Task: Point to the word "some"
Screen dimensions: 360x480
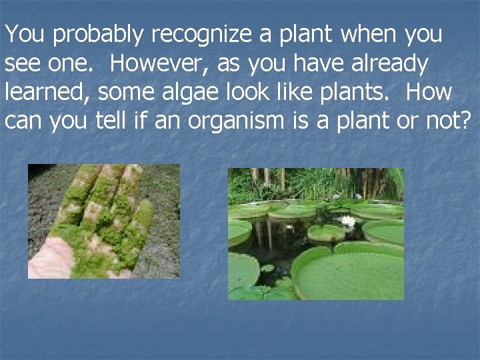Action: tap(125, 93)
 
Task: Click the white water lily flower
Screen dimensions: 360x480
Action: tap(348, 221)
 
